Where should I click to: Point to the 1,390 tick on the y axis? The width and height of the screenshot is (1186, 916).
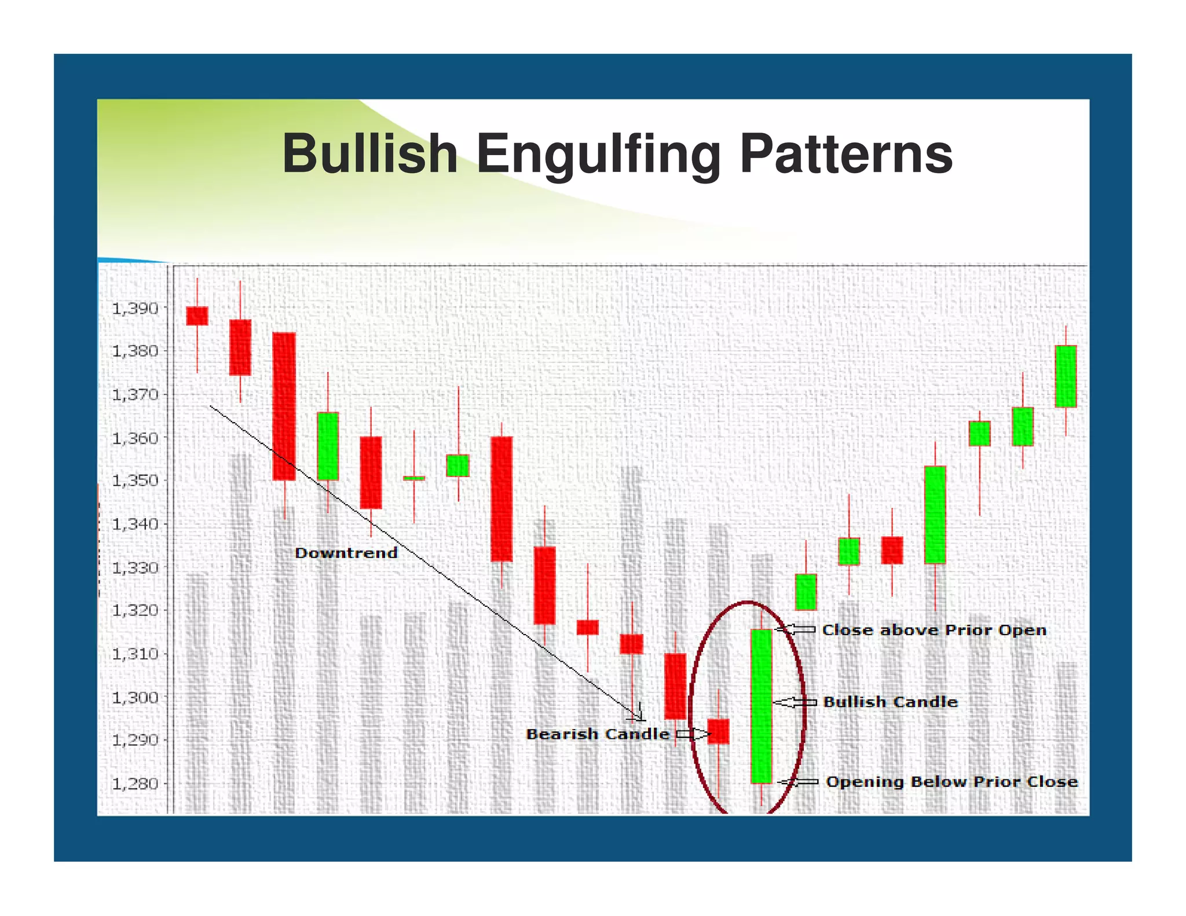click(x=135, y=309)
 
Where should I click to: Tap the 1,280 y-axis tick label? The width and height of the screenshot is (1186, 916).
click(x=135, y=784)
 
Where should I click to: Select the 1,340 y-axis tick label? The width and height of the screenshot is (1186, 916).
click(x=135, y=525)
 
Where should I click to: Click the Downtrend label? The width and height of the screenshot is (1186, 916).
click(x=346, y=553)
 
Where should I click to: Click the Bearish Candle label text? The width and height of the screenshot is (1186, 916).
click(x=598, y=734)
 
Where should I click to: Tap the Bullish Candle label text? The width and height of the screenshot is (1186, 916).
click(x=890, y=702)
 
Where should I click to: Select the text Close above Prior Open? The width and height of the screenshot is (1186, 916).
click(x=934, y=630)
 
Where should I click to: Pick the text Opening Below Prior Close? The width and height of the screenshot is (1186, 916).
click(x=951, y=782)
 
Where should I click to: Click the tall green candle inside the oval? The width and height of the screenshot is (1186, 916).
click(x=762, y=706)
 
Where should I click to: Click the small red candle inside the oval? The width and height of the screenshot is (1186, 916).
click(x=719, y=731)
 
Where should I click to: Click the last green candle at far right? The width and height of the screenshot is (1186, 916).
click(x=1066, y=376)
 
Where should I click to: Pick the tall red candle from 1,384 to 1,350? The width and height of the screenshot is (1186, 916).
click(x=284, y=406)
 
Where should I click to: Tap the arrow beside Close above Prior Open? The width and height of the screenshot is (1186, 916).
click(x=796, y=629)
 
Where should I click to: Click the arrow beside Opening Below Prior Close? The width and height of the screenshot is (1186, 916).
click(x=798, y=782)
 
